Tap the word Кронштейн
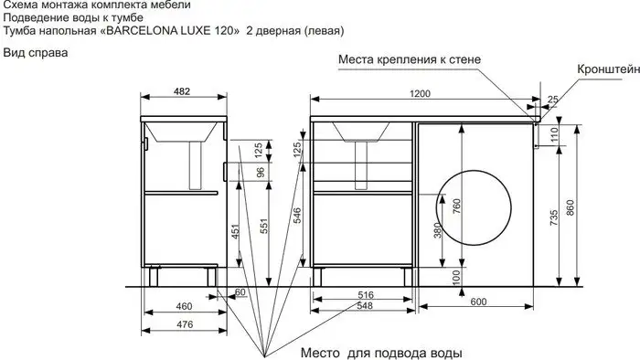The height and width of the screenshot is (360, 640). click(x=607, y=69)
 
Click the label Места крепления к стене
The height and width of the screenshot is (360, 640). click(x=409, y=59)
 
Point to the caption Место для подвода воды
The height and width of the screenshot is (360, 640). click(x=385, y=352)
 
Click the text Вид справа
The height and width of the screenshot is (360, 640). click(x=35, y=52)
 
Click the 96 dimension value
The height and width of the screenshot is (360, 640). click(x=259, y=171)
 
